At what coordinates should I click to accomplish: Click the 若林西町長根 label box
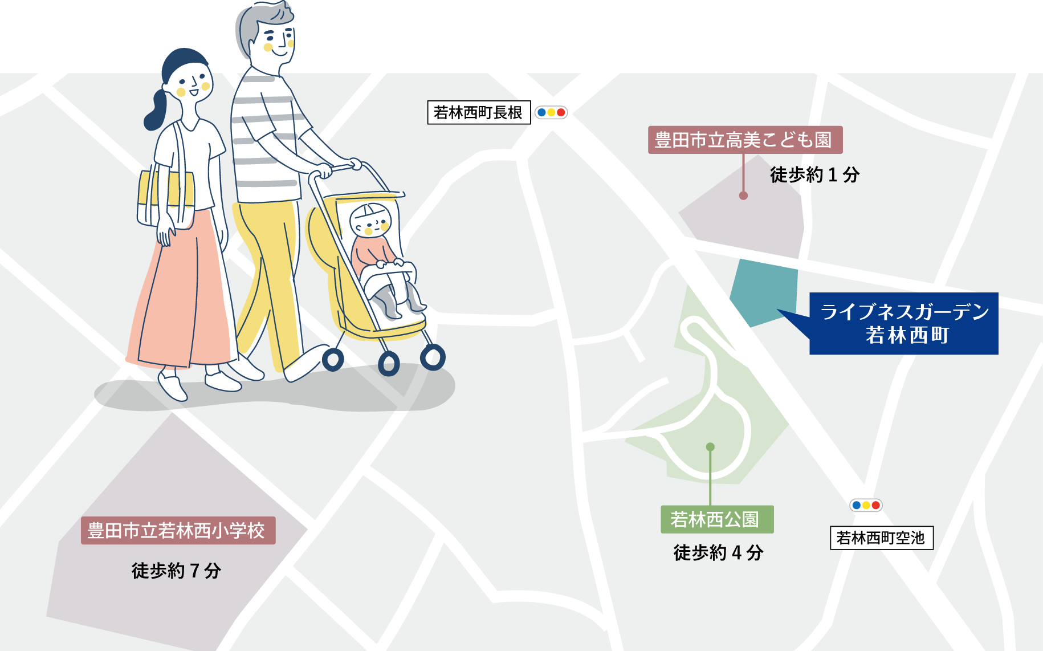(479, 112)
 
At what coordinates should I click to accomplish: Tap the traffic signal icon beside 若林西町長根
(551, 112)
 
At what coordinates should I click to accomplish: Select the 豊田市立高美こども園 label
(745, 140)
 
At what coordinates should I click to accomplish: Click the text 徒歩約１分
(814, 174)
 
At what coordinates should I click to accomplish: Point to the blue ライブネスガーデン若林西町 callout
(903, 323)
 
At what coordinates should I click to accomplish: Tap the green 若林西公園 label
(717, 519)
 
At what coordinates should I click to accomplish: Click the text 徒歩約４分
(718, 552)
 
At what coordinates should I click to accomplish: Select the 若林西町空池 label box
(881, 538)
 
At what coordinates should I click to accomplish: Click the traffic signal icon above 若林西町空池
(866, 505)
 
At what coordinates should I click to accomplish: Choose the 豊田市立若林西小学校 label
(178, 530)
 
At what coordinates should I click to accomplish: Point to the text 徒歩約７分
(176, 570)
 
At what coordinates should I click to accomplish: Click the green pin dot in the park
(710, 447)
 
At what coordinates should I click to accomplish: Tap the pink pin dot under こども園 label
(743, 196)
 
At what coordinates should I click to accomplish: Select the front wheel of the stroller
(433, 358)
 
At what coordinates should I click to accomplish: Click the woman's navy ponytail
(156, 112)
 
